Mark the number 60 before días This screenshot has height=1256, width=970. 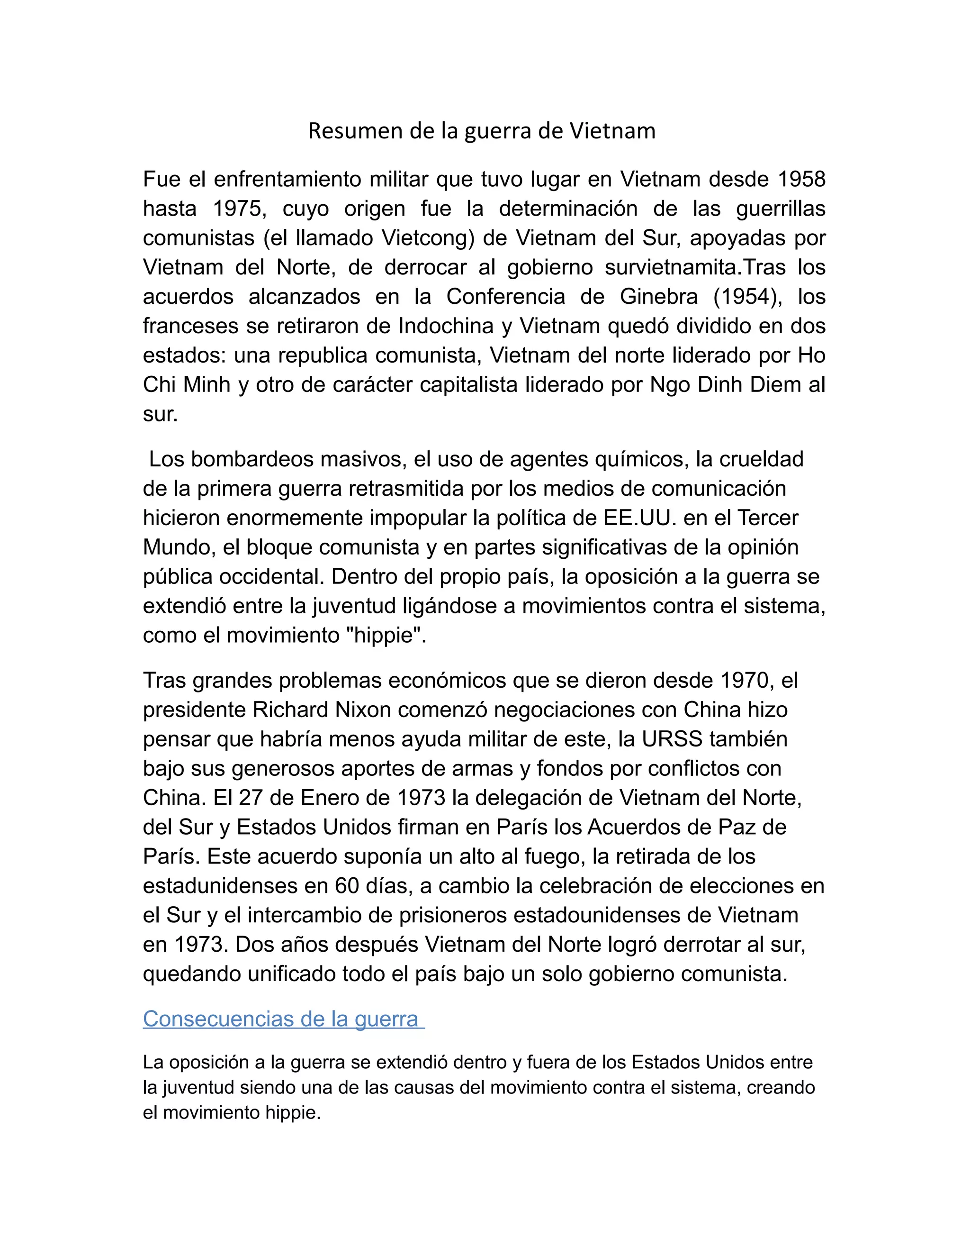(x=347, y=886)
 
